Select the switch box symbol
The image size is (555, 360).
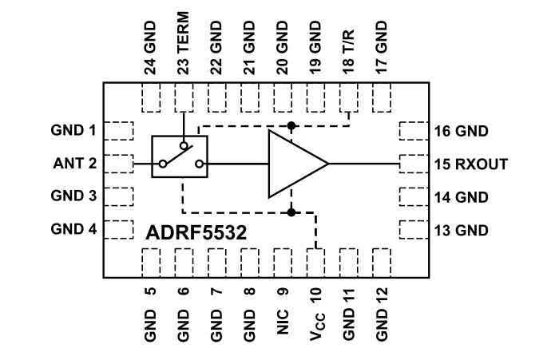pyautogui.click(x=180, y=156)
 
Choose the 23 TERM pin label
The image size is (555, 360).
pyautogui.click(x=184, y=47)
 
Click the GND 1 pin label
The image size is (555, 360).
pyautogui.click(x=74, y=129)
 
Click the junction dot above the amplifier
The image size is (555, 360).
pyautogui.click(x=292, y=126)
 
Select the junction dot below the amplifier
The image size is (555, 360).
pyautogui.click(x=292, y=213)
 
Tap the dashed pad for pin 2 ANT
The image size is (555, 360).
pyautogui.click(x=119, y=163)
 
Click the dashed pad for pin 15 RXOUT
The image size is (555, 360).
pyautogui.click(x=413, y=164)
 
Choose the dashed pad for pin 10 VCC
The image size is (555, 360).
pyautogui.click(x=317, y=262)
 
